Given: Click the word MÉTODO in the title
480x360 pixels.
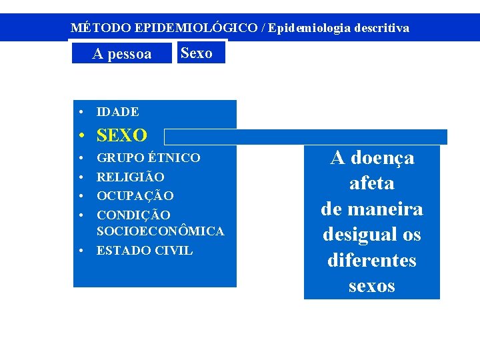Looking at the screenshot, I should click(x=101, y=28).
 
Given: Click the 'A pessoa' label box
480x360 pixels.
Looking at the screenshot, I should click(x=121, y=54).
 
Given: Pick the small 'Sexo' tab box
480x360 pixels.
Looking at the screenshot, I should click(x=197, y=53).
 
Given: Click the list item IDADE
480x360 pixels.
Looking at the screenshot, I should click(x=118, y=112).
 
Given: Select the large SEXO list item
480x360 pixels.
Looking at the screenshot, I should click(x=122, y=136).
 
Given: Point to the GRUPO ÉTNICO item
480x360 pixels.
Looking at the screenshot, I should click(x=148, y=158).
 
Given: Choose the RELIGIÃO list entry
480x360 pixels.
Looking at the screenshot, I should click(x=131, y=177).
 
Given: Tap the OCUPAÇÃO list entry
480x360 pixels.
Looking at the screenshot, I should click(x=135, y=196).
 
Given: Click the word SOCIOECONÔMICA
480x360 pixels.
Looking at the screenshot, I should click(x=160, y=231).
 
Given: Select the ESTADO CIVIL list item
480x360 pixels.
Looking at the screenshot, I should click(x=145, y=251).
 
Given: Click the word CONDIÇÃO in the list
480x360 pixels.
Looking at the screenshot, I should click(x=133, y=215).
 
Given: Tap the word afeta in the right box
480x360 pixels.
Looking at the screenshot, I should click(x=371, y=183).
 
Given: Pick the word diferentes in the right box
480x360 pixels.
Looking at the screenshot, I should click(x=371, y=260).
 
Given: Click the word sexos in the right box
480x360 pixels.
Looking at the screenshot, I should click(x=371, y=286).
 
